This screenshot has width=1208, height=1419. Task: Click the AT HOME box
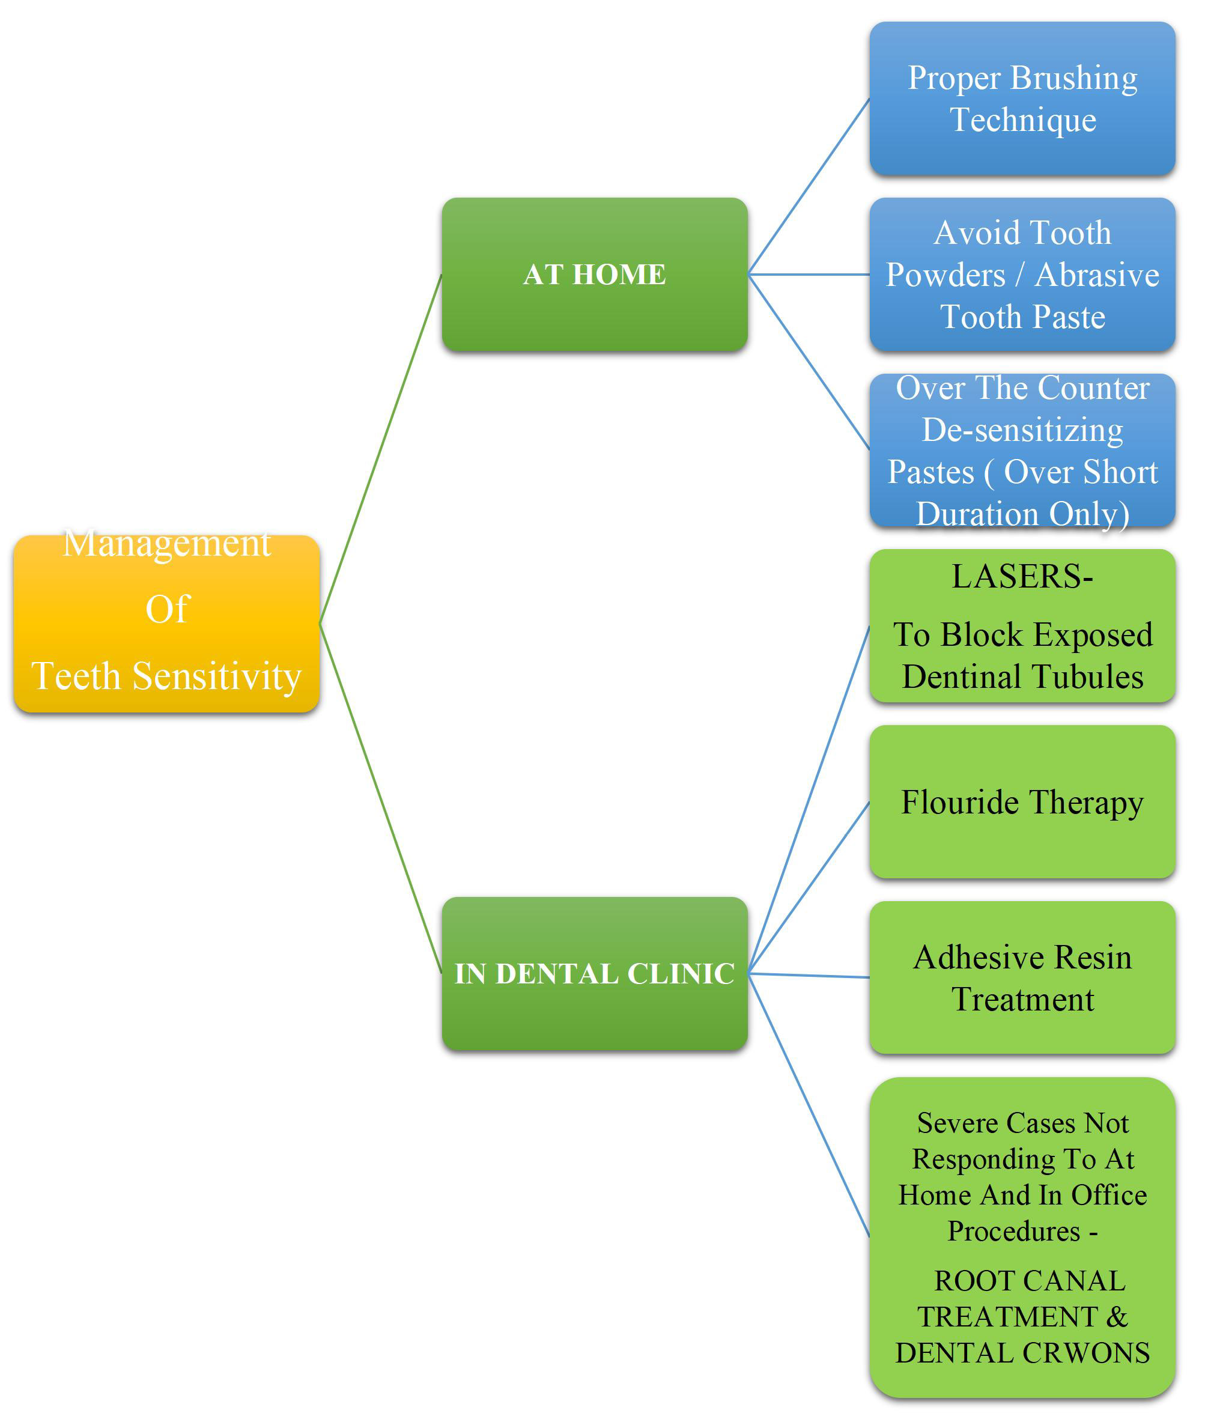595,275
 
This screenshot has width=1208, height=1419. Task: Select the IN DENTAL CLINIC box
595,973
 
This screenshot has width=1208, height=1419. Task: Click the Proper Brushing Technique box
1022,99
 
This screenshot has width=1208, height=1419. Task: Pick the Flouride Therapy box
1022,802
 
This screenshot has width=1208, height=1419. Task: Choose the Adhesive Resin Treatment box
1022,977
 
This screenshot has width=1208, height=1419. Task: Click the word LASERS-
1022,577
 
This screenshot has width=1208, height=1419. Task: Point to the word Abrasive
1097,275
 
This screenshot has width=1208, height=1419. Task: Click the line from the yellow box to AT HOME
381,449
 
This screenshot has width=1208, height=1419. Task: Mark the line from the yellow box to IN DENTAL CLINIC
381,798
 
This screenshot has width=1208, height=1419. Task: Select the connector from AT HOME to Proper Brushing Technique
809,186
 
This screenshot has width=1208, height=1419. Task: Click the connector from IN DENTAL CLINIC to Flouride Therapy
809,887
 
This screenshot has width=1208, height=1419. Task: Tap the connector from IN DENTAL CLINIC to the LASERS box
809,799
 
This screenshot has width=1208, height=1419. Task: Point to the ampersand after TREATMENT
1117,1316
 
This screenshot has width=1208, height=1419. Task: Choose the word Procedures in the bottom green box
1013,1232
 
